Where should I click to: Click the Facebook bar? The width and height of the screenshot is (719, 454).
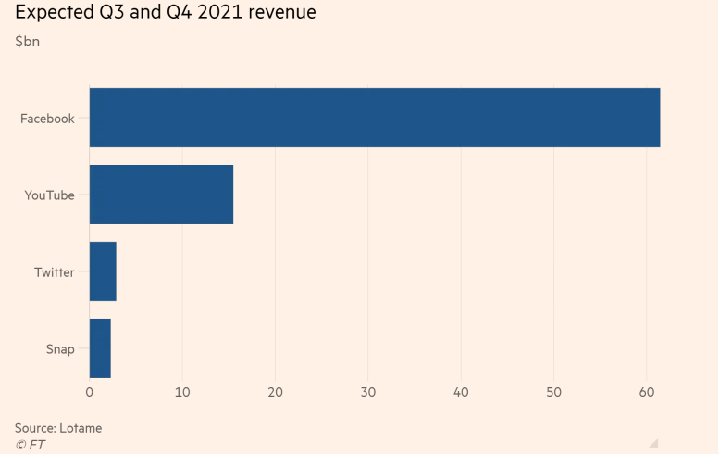click(x=375, y=118)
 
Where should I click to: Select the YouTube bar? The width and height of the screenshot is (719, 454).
click(x=161, y=195)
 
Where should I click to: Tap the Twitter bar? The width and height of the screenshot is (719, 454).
click(x=103, y=271)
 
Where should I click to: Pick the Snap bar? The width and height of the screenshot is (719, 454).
click(x=100, y=348)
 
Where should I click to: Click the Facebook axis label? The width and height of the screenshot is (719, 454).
click(x=47, y=119)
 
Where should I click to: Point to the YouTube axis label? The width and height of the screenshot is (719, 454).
click(x=50, y=195)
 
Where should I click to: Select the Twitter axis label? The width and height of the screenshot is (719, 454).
click(x=55, y=272)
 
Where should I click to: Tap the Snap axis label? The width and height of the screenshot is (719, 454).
click(x=60, y=349)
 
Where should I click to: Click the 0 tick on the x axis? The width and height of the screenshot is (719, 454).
click(x=90, y=393)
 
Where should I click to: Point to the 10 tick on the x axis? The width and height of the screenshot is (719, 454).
click(x=182, y=393)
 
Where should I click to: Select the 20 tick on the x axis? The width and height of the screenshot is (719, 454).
click(x=275, y=393)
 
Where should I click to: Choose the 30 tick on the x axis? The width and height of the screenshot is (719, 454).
click(x=368, y=393)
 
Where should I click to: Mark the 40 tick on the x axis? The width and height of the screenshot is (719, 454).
click(x=461, y=393)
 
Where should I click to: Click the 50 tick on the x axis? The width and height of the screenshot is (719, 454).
click(x=553, y=393)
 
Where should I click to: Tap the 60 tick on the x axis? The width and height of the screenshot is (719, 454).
click(x=647, y=393)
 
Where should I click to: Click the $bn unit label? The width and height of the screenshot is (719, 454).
click(x=28, y=41)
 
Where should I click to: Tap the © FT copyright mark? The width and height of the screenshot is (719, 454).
click(x=30, y=445)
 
